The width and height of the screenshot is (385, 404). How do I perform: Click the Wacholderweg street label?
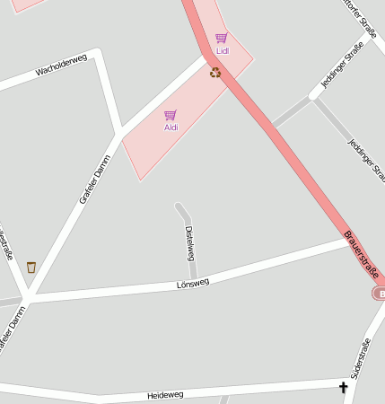click(x=62, y=68)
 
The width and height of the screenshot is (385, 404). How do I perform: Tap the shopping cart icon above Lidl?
click(x=221, y=39)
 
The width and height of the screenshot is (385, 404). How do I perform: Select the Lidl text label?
click(x=222, y=51)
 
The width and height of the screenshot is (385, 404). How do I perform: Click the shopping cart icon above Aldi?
click(x=171, y=115)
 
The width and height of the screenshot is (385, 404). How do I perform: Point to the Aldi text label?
click(x=171, y=127)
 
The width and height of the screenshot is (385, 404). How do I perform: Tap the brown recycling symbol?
click(x=215, y=72)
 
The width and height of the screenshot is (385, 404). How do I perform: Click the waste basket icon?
click(x=31, y=267)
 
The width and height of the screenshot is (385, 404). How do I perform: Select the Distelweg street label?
click(x=189, y=242)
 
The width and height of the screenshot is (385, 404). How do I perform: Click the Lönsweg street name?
click(x=193, y=283)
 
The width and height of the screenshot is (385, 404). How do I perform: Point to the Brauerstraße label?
click(x=361, y=254)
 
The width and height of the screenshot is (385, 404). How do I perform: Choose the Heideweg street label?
click(x=164, y=394)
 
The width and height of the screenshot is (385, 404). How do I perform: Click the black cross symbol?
click(x=342, y=387)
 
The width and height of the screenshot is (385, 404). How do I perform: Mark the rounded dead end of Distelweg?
click(x=180, y=207)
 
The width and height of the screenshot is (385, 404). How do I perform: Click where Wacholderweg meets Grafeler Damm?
click(x=118, y=135)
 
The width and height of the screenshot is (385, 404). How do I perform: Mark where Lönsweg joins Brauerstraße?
click(x=351, y=241)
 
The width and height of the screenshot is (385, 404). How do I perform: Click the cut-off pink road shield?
click(x=379, y=294)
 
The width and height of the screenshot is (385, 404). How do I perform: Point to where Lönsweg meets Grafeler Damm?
click(x=27, y=297)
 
